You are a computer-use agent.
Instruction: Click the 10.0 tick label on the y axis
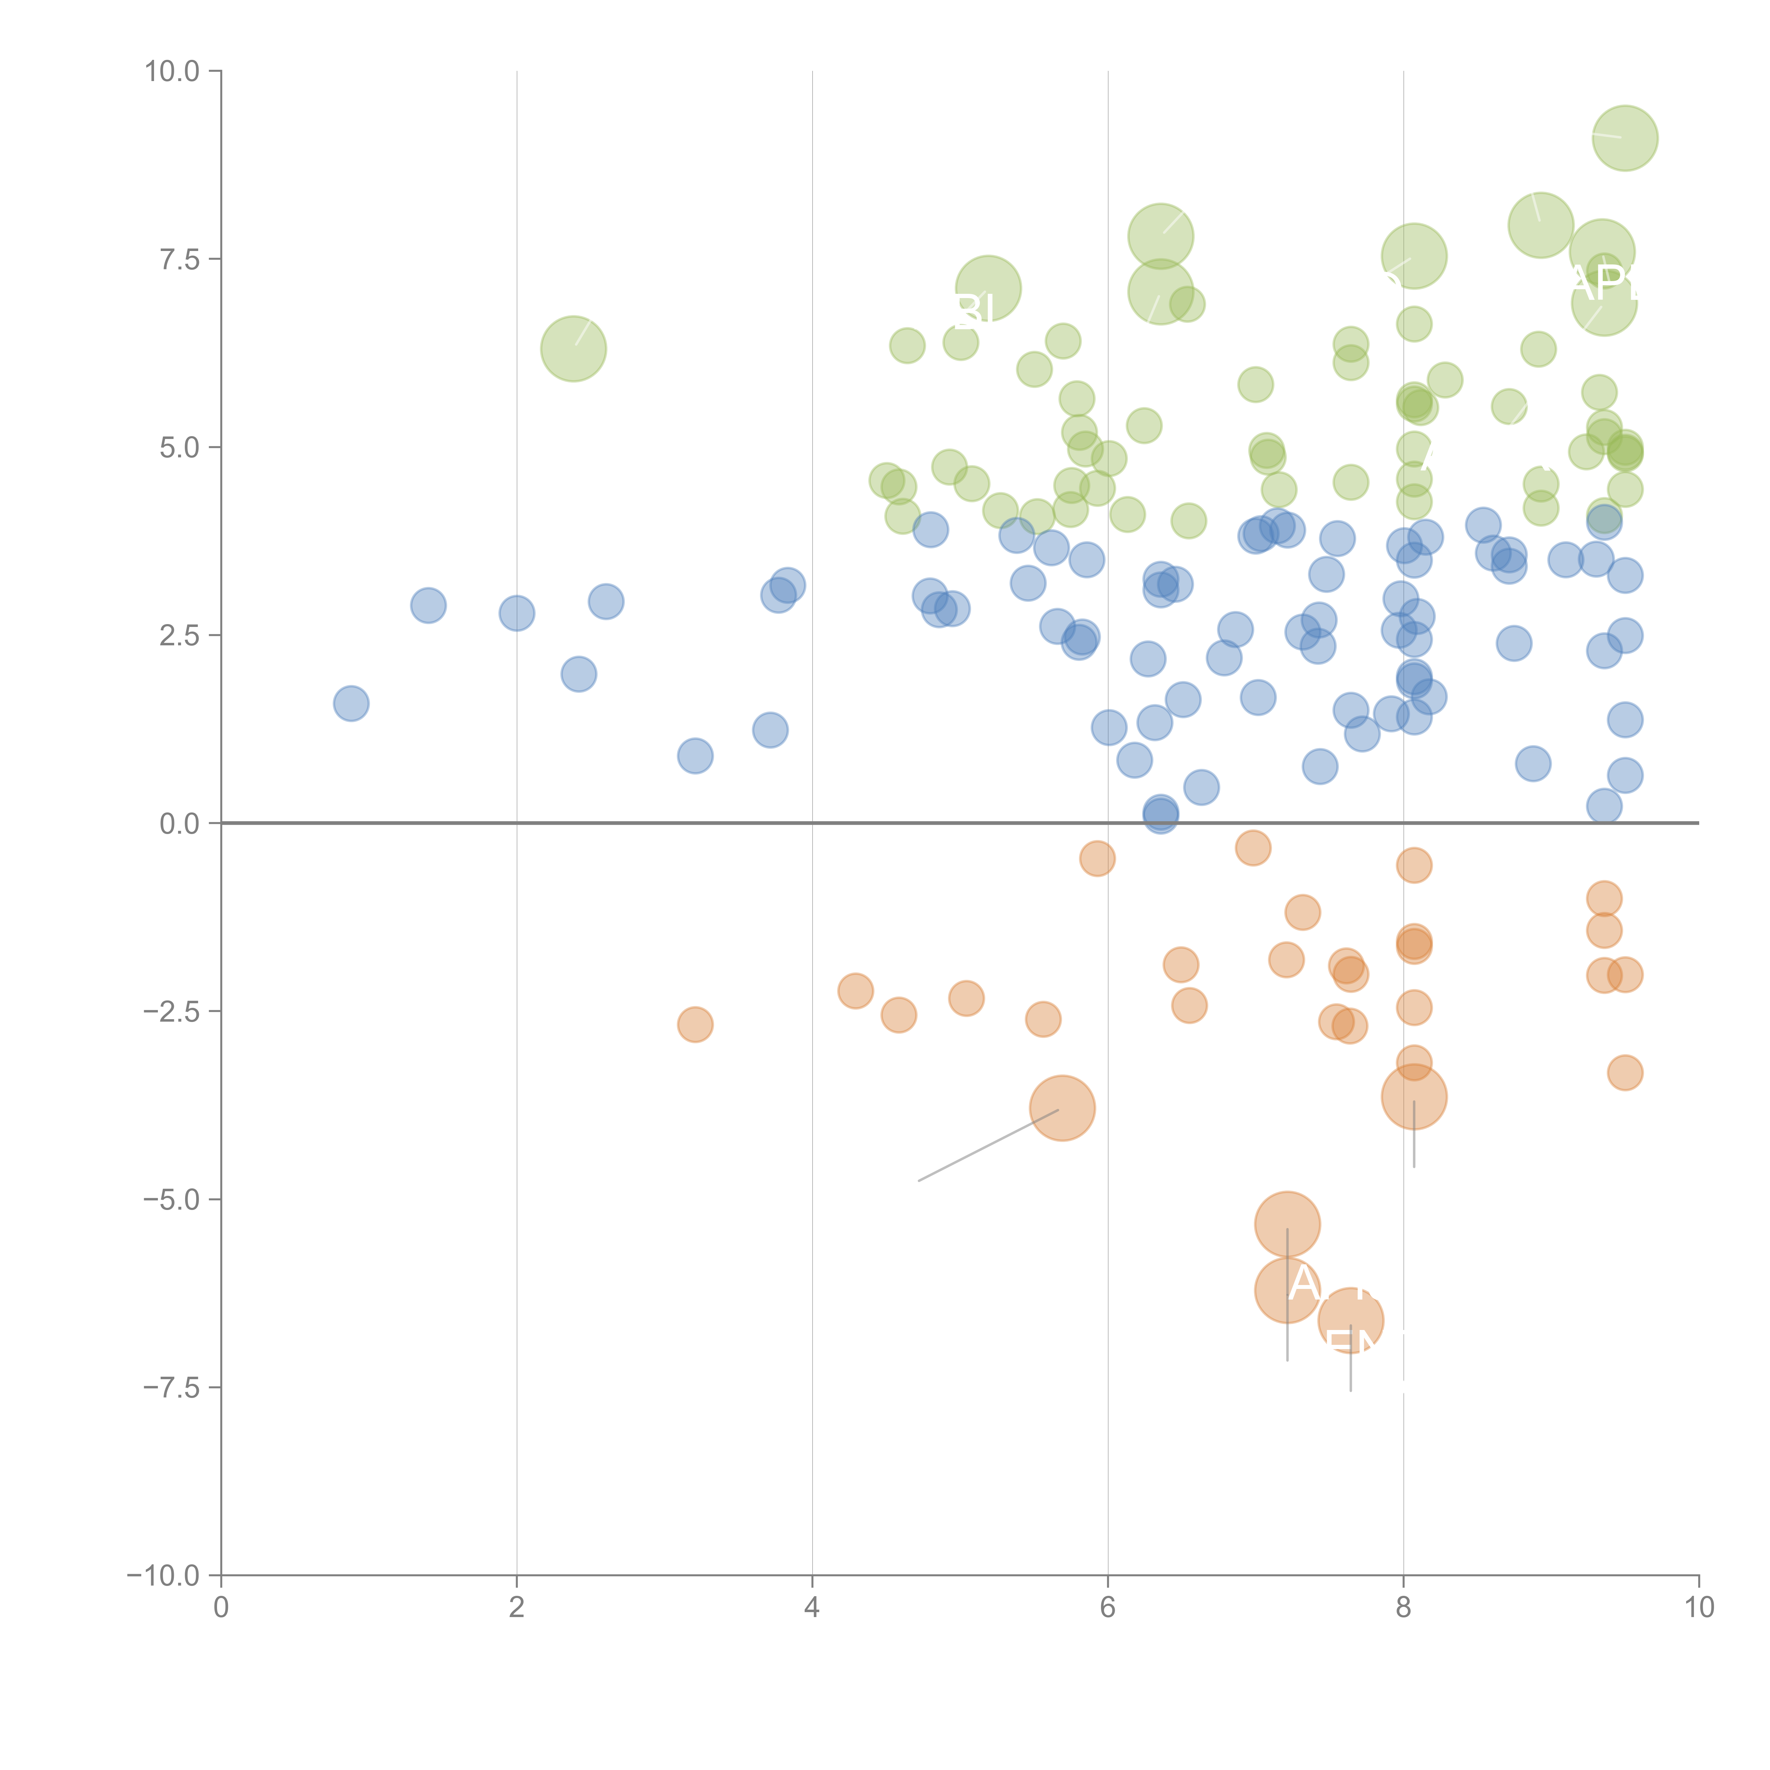point(172,72)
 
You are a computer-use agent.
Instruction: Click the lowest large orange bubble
point(1351,1320)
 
